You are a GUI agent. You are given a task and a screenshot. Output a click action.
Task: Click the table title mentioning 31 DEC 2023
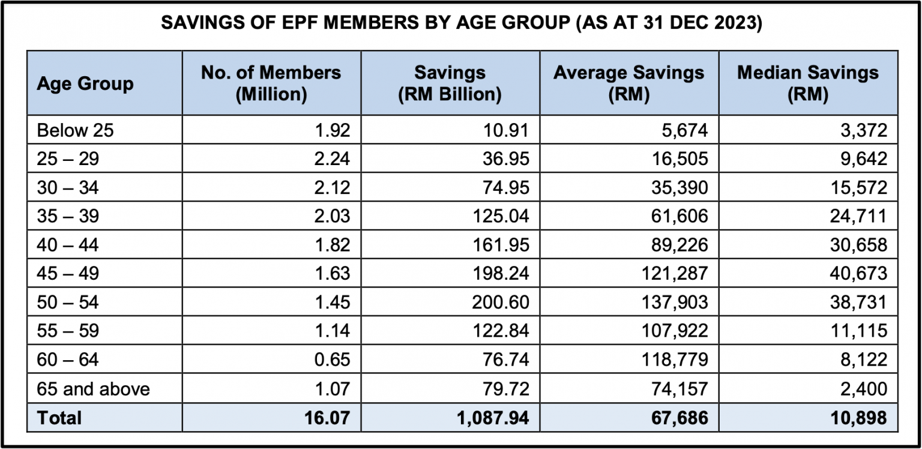461,25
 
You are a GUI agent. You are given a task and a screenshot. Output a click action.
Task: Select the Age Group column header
85,83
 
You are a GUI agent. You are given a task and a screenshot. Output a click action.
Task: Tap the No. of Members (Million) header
271,83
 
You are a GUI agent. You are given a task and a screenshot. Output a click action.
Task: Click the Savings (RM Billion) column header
450,83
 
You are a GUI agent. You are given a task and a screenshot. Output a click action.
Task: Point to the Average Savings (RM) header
628,83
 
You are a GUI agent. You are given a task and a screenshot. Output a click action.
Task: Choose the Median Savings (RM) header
807,83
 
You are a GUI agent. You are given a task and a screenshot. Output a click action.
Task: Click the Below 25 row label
75,130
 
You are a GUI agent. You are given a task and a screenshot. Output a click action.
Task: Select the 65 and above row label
93,389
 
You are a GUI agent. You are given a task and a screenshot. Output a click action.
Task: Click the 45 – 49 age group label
67,274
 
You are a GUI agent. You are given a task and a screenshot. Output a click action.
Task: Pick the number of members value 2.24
332,158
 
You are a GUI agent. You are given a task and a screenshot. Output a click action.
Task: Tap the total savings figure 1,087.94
493,418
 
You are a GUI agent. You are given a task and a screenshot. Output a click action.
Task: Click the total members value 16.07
327,418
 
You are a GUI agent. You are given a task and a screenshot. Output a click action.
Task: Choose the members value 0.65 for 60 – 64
332,360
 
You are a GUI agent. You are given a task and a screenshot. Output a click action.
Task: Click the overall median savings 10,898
858,418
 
